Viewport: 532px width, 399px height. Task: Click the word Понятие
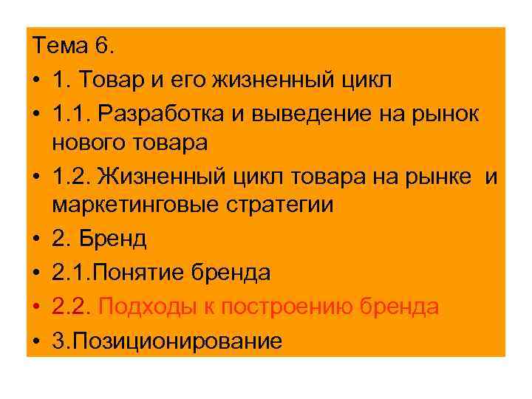[x=141, y=273]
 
